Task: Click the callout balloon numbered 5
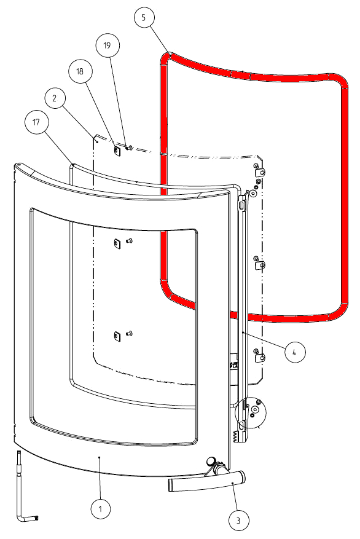tap(144, 17)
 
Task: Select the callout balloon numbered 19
tap(108, 45)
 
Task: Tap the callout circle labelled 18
tap(80, 71)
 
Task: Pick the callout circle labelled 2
tap(55, 98)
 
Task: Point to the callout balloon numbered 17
tap(36, 122)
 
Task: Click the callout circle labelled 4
tap(295, 352)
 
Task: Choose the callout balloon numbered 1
tap(100, 509)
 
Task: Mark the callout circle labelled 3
tap(238, 521)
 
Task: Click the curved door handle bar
tap(207, 480)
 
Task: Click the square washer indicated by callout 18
tap(117, 150)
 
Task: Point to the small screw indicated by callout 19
tap(129, 148)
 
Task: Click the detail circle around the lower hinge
tap(251, 412)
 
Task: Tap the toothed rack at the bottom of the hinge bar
tap(236, 436)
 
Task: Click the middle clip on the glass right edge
tap(259, 264)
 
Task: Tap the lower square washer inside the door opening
tap(117, 336)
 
